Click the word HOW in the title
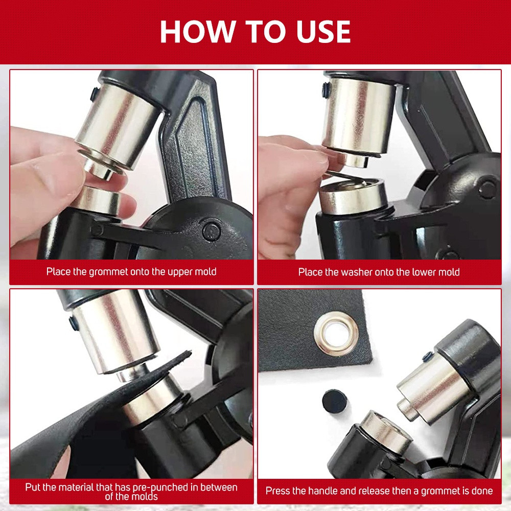coord(197,31)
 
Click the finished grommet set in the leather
coord(336,333)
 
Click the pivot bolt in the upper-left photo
coord(212,231)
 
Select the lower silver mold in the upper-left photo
coord(98,200)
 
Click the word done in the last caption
coord(481,491)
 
